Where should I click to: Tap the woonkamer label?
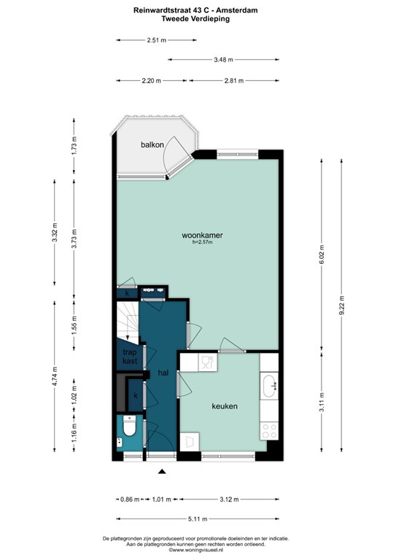click(x=202, y=236)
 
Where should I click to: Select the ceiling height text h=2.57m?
click(x=202, y=244)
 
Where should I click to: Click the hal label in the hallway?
click(x=163, y=373)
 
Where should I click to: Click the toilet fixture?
click(x=130, y=428)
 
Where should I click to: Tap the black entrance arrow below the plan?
click(x=162, y=472)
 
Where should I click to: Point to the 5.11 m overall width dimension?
click(x=197, y=519)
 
